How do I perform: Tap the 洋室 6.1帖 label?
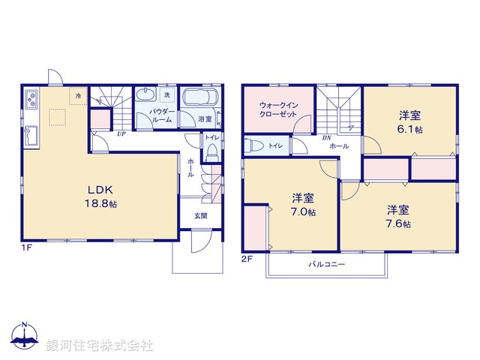410,121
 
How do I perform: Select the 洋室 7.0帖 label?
304,205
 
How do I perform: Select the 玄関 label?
202,216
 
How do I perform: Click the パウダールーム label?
162,115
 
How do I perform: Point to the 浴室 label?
205,119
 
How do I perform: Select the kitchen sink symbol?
32,136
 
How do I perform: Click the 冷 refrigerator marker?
77,95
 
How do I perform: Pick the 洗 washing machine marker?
169,94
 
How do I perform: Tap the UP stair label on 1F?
121,134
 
